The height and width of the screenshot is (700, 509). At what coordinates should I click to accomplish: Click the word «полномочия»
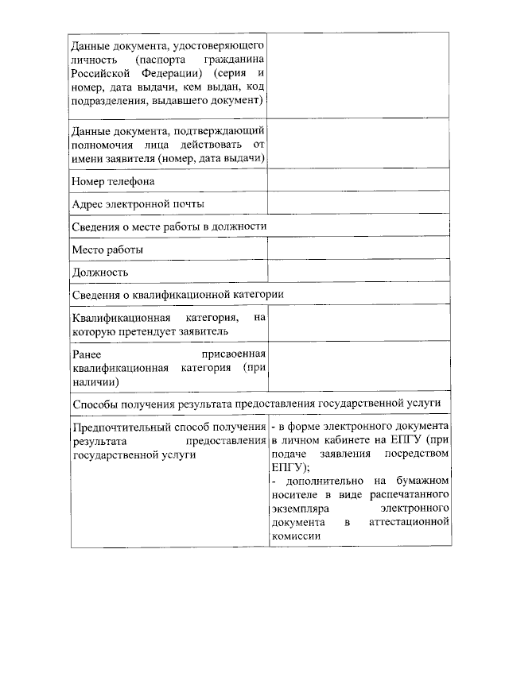[x=103, y=144]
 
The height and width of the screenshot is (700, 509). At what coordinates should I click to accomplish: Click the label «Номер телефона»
[x=113, y=181]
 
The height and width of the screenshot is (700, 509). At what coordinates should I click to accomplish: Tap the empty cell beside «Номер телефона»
[x=359, y=181]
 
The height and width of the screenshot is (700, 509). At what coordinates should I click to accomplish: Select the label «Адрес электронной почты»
[x=138, y=203]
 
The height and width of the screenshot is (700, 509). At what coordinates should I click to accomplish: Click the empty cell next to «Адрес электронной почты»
[x=359, y=203]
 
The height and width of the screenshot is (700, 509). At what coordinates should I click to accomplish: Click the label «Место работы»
[x=107, y=249]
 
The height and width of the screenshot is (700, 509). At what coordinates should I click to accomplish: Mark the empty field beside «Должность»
[x=359, y=272]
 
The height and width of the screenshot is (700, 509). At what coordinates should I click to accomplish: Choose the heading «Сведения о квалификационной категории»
[x=177, y=294]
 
